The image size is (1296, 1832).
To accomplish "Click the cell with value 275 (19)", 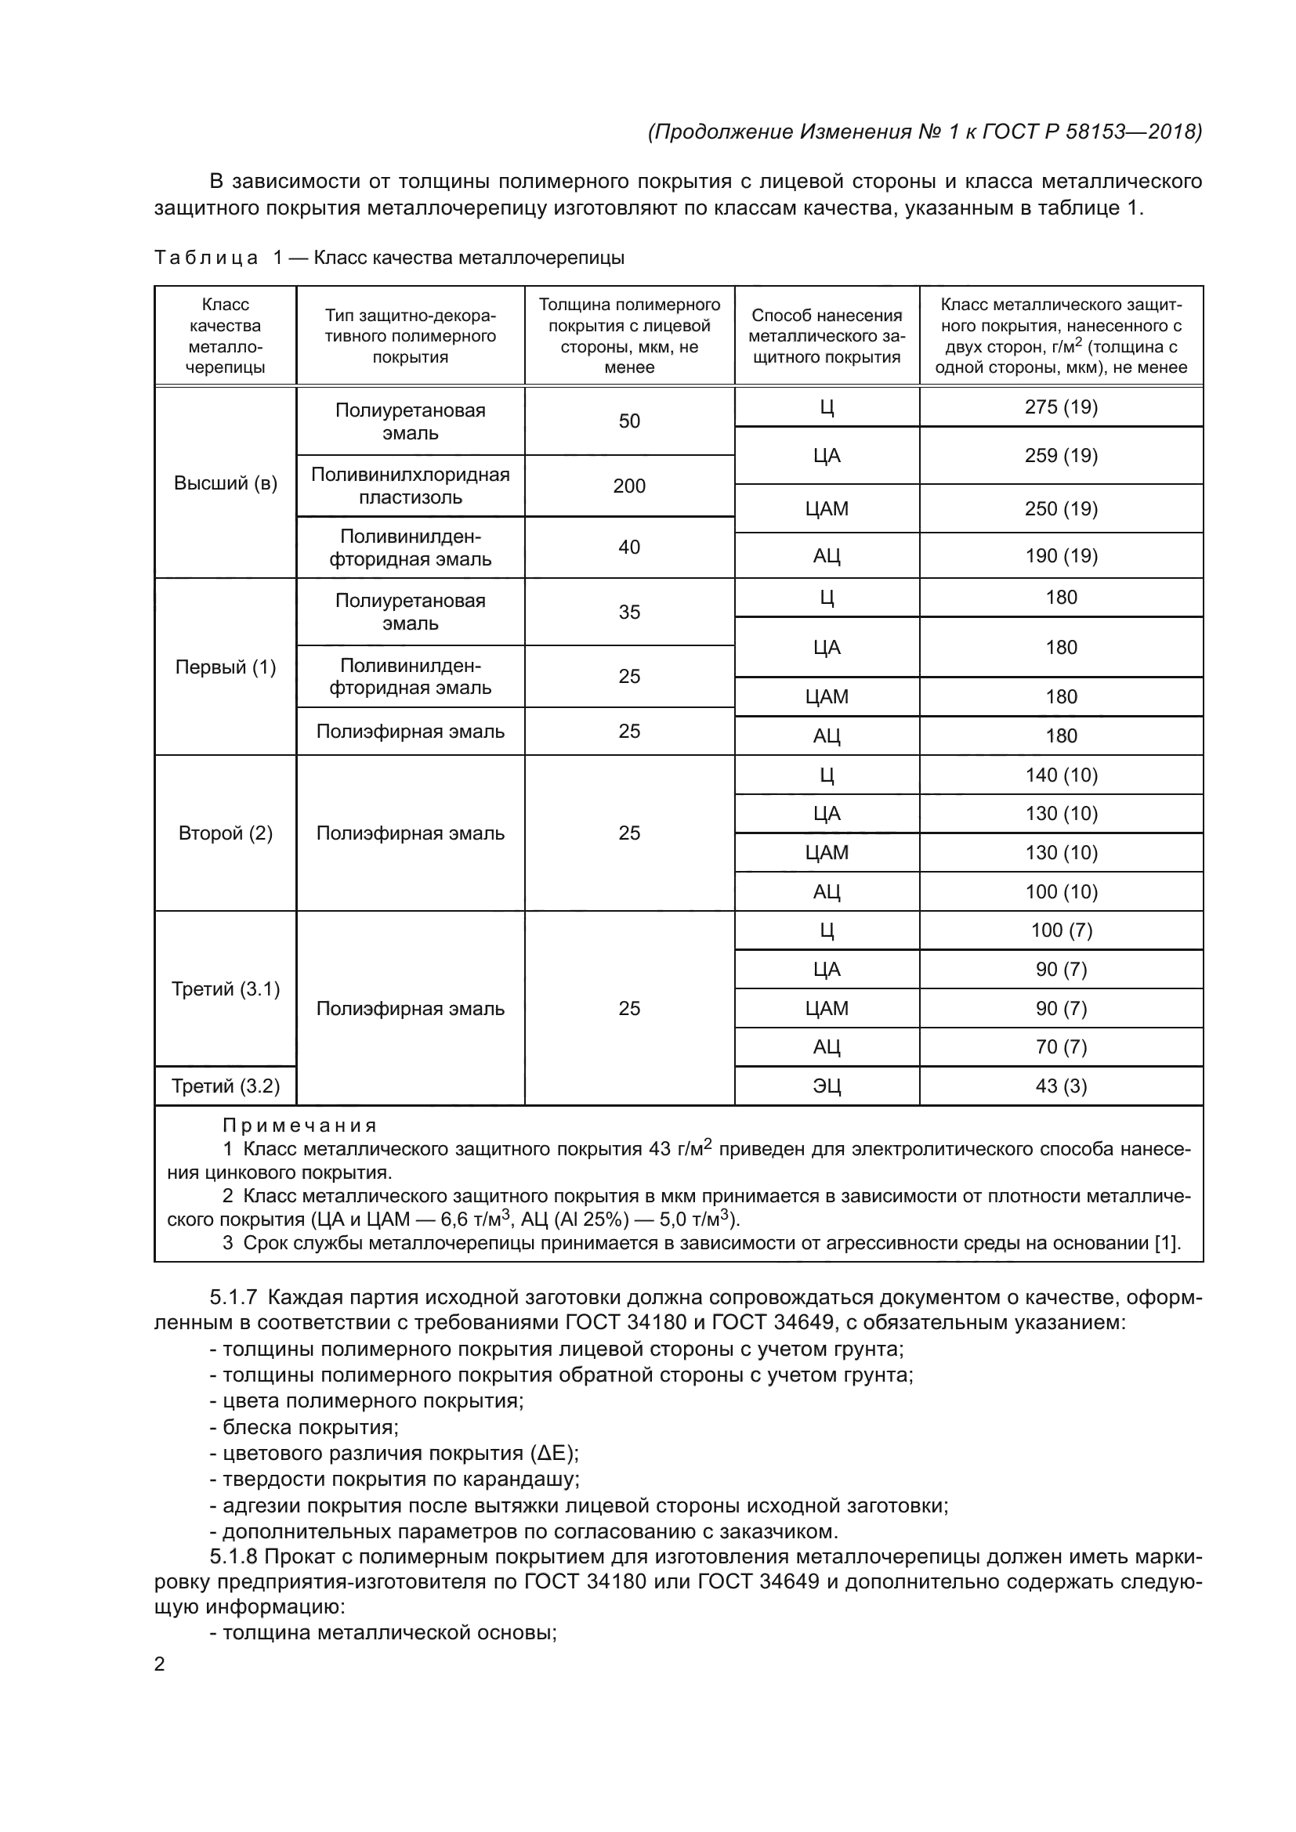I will tap(1061, 407).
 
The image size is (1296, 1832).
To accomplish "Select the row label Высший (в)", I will tap(226, 483).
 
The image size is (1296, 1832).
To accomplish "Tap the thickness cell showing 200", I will tap(629, 486).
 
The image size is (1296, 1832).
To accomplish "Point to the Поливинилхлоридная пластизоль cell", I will tap(410, 486).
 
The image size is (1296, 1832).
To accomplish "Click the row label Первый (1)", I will tap(226, 667).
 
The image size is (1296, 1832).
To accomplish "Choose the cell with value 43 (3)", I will tap(1061, 1086).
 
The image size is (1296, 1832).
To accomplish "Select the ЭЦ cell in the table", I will tap(827, 1086).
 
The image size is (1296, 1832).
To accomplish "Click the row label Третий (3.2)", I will tap(226, 1086).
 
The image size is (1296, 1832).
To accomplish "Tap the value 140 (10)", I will tap(1061, 775).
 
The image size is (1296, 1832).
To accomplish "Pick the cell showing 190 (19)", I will tap(1061, 555).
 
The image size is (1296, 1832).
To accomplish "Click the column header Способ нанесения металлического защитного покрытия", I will tap(827, 336).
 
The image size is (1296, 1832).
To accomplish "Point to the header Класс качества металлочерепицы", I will tap(226, 336).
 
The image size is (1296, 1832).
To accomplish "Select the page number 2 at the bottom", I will tap(160, 1664).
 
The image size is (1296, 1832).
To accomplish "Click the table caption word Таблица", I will tap(207, 258).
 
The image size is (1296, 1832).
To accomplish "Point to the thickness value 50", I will tap(629, 421).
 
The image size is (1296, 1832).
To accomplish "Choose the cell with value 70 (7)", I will tap(1061, 1047).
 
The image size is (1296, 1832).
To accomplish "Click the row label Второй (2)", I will tap(226, 833).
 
